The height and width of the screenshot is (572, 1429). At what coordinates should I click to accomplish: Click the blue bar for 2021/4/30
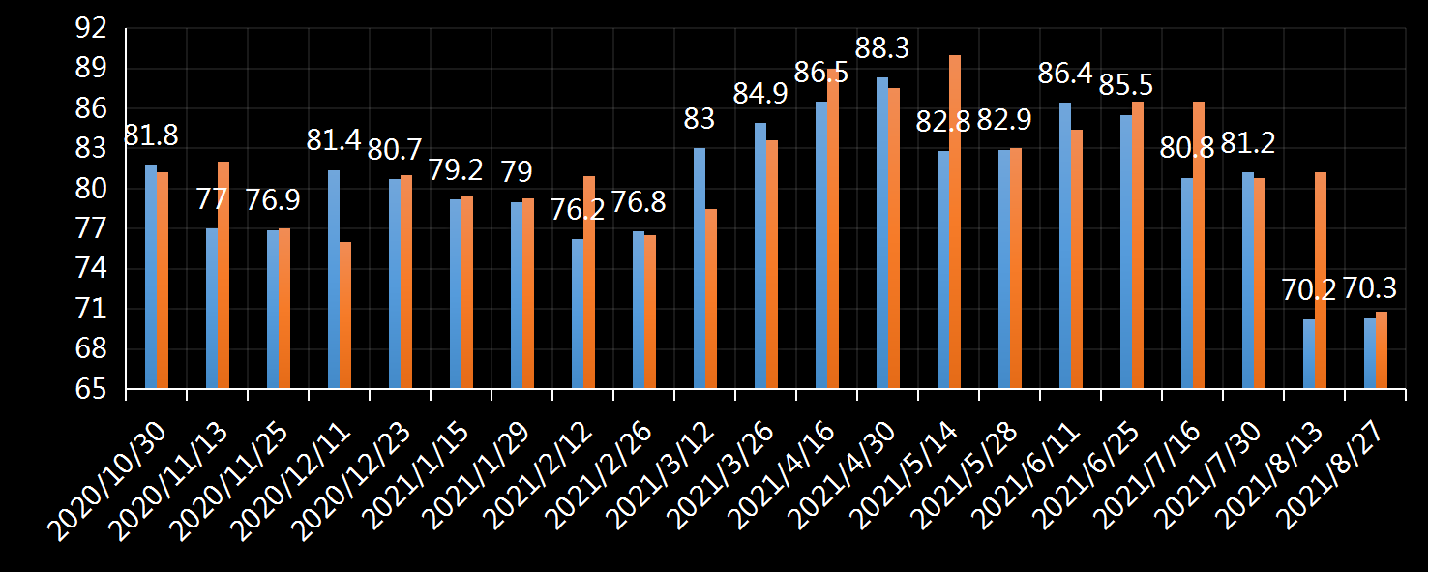click(882, 233)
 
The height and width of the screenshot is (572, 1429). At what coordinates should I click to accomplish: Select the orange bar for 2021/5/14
click(955, 222)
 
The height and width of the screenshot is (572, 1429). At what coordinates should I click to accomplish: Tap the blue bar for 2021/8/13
click(1309, 354)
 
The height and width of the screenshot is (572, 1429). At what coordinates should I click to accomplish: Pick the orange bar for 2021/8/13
click(1321, 281)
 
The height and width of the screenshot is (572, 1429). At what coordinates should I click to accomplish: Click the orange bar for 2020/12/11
click(345, 316)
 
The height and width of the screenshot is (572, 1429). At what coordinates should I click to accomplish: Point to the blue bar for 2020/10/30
click(151, 277)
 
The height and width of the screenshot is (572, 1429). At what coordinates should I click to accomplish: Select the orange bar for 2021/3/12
click(711, 299)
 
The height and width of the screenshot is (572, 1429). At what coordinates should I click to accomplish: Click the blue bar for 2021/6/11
click(1065, 246)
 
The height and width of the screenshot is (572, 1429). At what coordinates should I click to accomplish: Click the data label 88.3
click(882, 48)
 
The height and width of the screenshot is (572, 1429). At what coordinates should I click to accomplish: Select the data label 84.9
click(760, 95)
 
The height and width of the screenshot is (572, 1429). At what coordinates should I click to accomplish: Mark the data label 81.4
click(333, 140)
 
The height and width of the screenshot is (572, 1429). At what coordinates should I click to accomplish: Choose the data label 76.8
click(638, 204)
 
